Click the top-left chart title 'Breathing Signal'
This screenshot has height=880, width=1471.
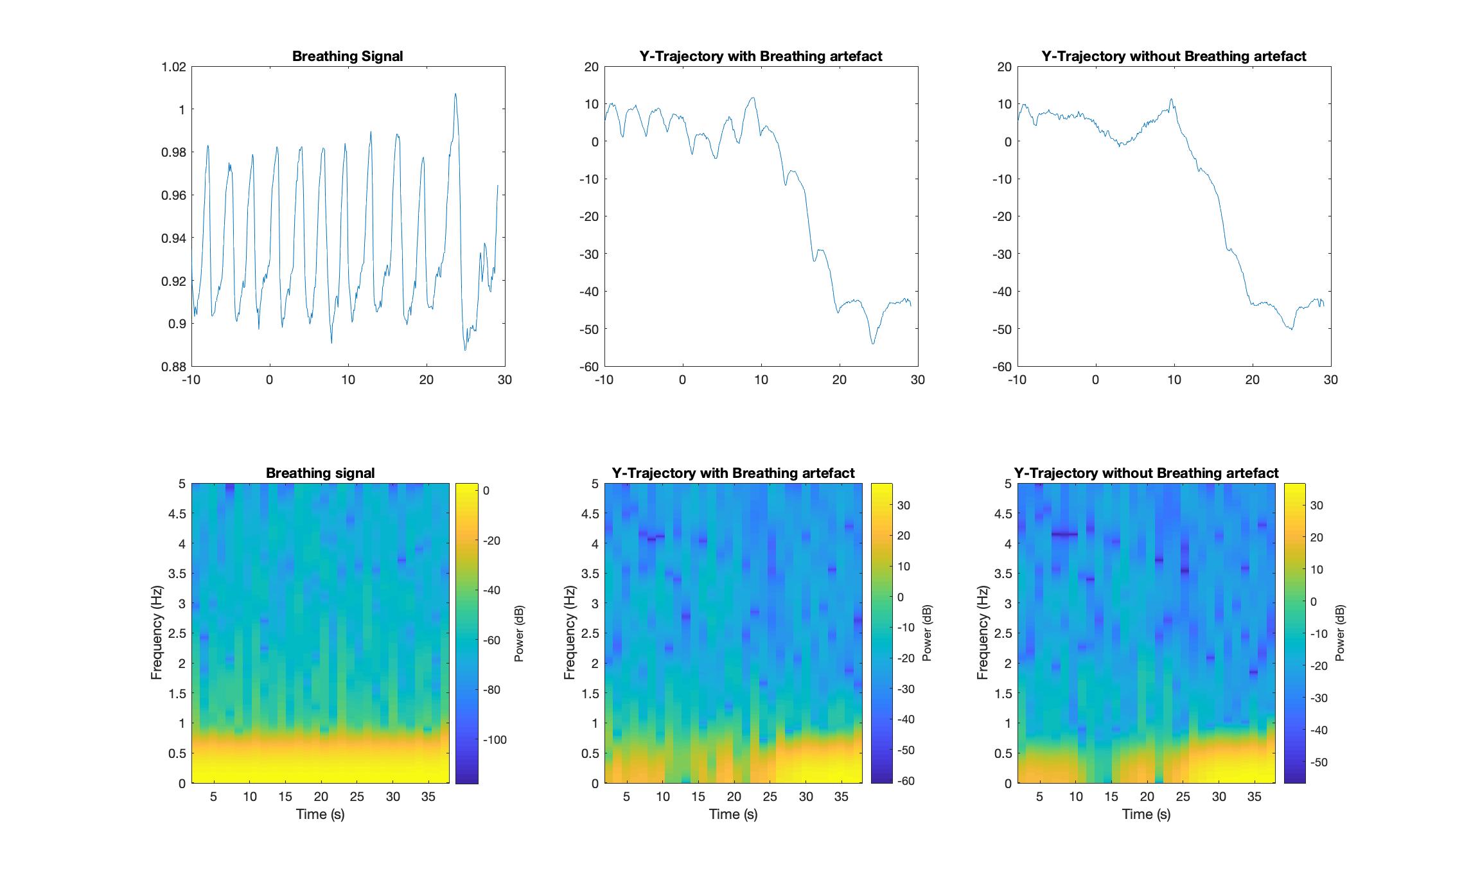[348, 57]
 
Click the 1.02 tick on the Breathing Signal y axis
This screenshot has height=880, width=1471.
[173, 67]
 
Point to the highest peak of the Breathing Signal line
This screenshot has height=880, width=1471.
[455, 94]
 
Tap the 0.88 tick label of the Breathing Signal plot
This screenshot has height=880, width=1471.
[173, 367]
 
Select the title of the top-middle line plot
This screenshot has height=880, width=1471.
[761, 57]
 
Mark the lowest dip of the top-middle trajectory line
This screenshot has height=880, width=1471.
[873, 344]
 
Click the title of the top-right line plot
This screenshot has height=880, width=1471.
[1174, 57]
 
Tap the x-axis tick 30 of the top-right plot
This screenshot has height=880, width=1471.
[1330, 380]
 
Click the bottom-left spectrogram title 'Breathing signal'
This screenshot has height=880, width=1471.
[320, 473]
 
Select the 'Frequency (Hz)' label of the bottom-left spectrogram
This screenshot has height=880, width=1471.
[156, 633]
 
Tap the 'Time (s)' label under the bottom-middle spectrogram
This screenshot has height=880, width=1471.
[733, 814]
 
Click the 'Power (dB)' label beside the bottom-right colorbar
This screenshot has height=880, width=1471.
[1340, 633]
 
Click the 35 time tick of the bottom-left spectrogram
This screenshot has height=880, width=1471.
[428, 796]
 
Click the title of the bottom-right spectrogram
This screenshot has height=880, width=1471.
[1146, 473]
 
